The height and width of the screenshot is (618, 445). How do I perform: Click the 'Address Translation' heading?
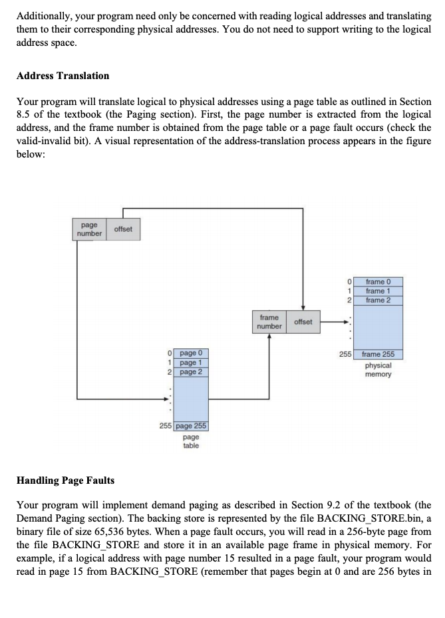click(x=63, y=76)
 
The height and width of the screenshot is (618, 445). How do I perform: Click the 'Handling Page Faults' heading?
click(x=65, y=480)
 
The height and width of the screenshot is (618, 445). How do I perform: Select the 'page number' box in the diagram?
click(x=88, y=229)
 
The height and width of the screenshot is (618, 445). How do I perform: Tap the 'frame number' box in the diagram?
click(x=269, y=322)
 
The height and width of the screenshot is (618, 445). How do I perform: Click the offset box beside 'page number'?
click(x=123, y=229)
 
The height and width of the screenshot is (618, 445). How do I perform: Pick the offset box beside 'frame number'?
click(x=303, y=322)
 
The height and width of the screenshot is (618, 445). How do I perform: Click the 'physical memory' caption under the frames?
click(x=378, y=369)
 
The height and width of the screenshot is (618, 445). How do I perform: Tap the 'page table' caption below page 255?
click(x=191, y=441)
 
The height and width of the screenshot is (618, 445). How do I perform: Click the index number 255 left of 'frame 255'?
click(x=345, y=354)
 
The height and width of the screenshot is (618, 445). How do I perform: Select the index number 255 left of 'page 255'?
click(x=166, y=426)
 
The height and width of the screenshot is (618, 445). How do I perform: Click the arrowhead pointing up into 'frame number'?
click(x=269, y=336)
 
